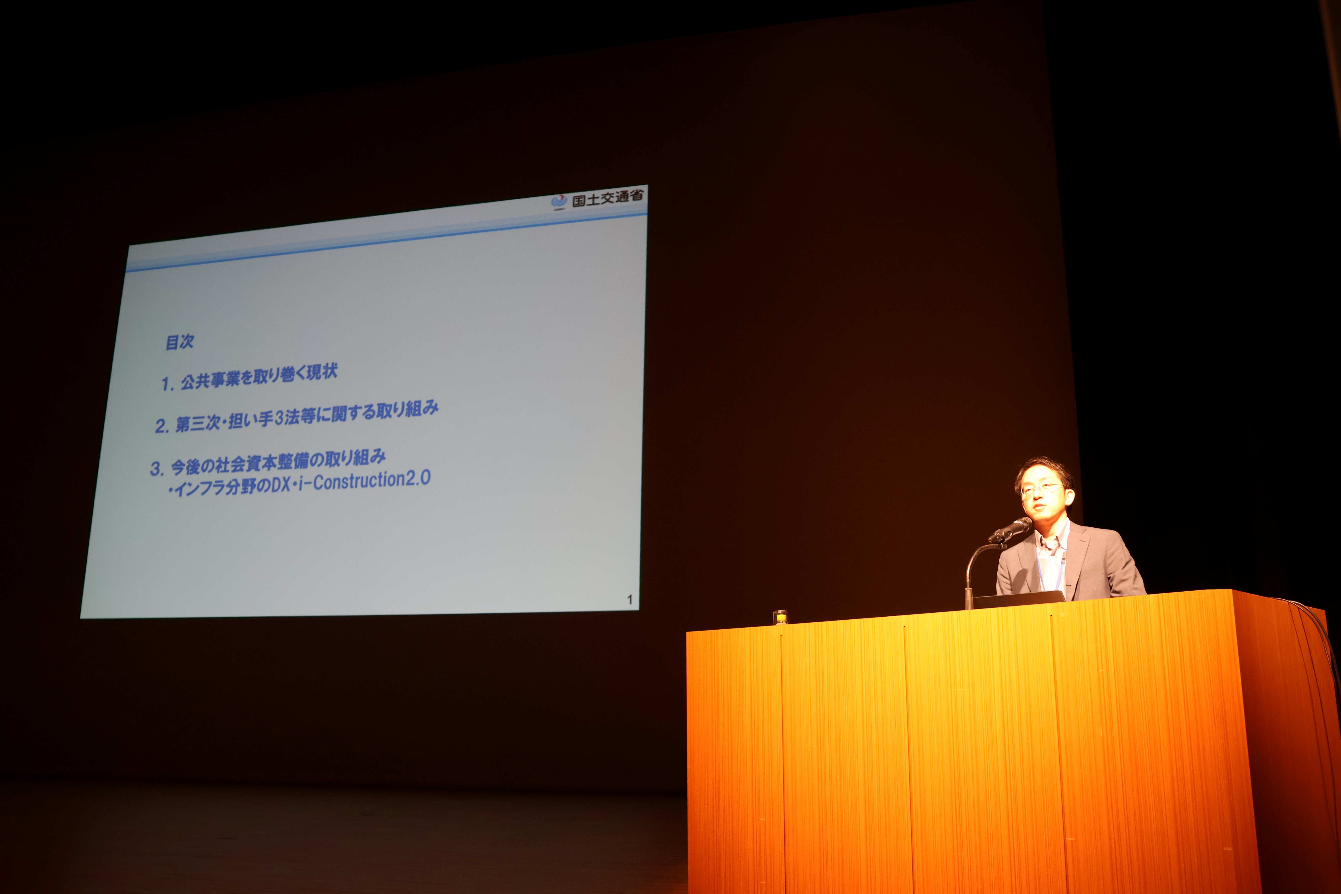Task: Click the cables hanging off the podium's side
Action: pos(1323,656)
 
